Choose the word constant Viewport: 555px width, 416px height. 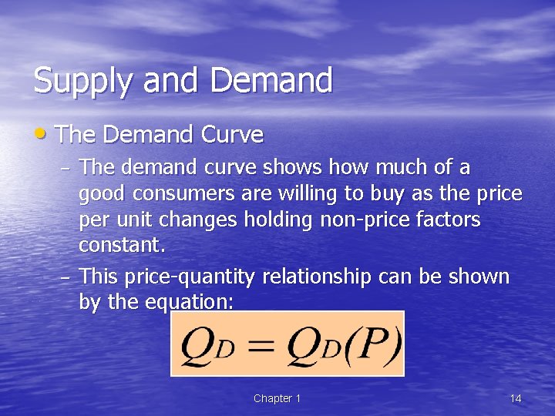coord(122,246)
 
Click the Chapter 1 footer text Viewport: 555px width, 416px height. coord(277,398)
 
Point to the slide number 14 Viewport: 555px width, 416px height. coord(516,398)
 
